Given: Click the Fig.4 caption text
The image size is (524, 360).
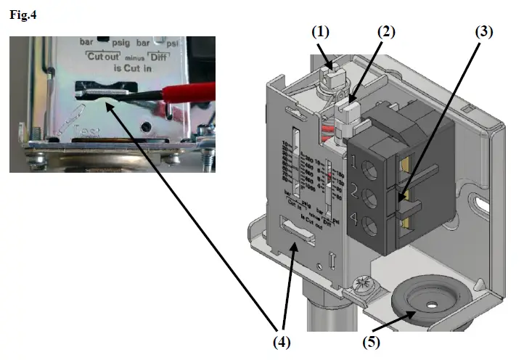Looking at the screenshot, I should (x=22, y=15).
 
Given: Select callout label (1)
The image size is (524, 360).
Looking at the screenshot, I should (x=321, y=33).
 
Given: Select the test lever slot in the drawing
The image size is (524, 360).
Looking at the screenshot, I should (x=300, y=230).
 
